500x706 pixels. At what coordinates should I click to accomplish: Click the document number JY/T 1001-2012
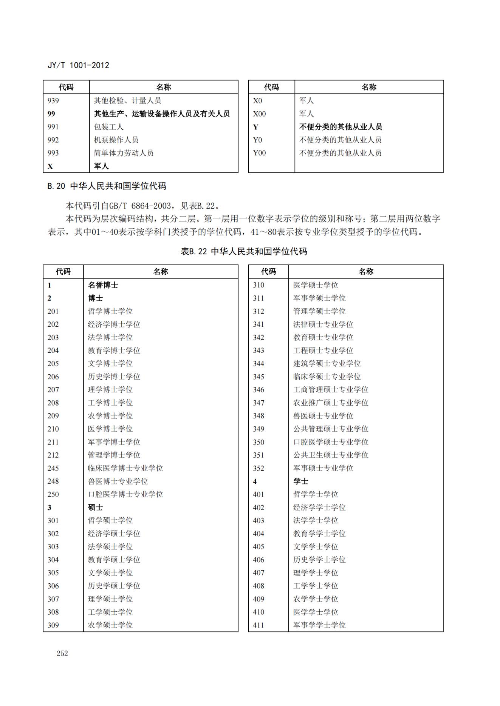(x=78, y=65)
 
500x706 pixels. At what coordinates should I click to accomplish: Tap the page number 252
(x=62, y=653)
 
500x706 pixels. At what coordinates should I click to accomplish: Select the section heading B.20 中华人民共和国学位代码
(x=107, y=186)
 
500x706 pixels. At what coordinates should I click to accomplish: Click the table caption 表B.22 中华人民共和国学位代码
(x=244, y=251)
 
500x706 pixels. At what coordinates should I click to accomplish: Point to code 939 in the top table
(x=53, y=100)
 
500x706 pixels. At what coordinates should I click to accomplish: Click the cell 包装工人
(x=108, y=127)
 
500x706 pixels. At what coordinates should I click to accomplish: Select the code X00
(x=259, y=114)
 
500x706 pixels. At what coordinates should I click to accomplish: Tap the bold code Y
(x=255, y=127)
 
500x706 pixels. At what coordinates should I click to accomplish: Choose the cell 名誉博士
(x=103, y=285)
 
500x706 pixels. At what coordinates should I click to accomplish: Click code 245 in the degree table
(x=53, y=468)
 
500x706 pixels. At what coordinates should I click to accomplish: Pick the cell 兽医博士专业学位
(x=118, y=481)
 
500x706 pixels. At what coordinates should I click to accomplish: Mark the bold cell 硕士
(x=95, y=507)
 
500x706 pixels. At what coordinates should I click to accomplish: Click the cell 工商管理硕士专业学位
(x=331, y=389)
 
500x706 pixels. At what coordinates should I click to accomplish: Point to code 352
(x=259, y=468)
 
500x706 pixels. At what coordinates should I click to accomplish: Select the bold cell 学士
(x=300, y=481)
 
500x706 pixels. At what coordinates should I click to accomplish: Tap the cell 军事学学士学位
(x=319, y=625)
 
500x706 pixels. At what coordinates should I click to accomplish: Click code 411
(x=259, y=625)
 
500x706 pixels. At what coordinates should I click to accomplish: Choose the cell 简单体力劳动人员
(x=124, y=153)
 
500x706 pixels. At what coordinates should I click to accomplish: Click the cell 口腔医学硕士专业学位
(x=331, y=442)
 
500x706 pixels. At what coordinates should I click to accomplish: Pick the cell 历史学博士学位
(x=114, y=377)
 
